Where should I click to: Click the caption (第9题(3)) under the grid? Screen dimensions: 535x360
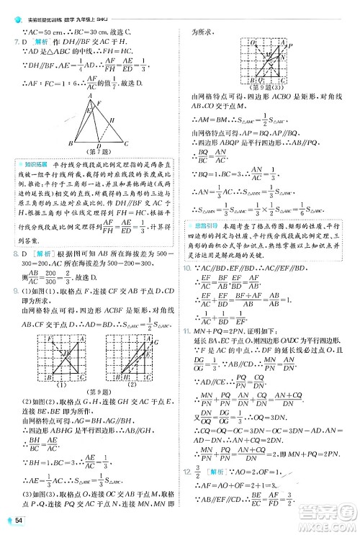[x=265, y=89]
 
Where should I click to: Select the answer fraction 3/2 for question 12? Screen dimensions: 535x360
[x=196, y=492]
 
